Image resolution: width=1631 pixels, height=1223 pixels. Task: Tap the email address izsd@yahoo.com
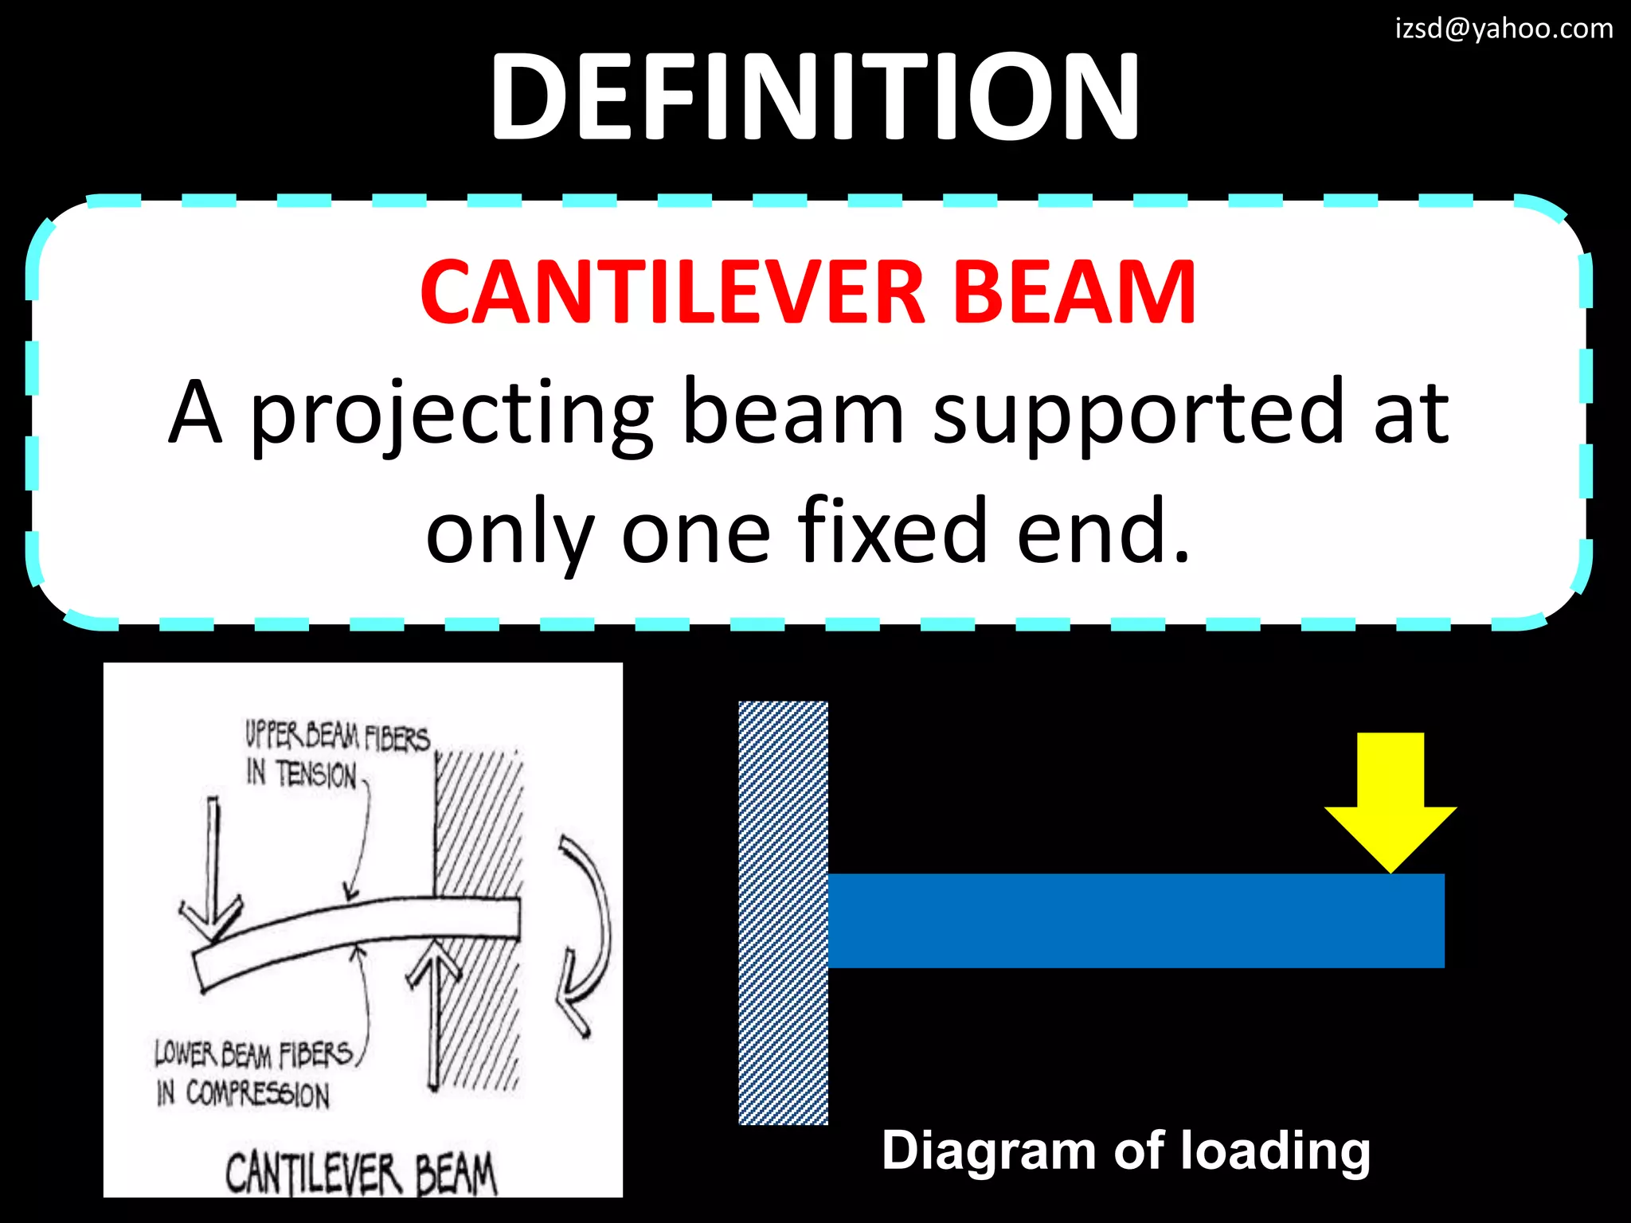(1504, 29)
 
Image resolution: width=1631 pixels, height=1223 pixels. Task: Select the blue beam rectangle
(1136, 920)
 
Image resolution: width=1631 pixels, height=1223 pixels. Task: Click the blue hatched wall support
(783, 912)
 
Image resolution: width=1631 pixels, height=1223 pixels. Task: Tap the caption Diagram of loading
(1125, 1151)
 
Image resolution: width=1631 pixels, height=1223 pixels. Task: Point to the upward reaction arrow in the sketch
(434, 1011)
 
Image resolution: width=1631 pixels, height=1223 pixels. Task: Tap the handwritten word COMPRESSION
(257, 1094)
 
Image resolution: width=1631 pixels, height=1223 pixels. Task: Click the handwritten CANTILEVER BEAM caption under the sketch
(361, 1174)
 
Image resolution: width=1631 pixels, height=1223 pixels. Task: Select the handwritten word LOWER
(185, 1053)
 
